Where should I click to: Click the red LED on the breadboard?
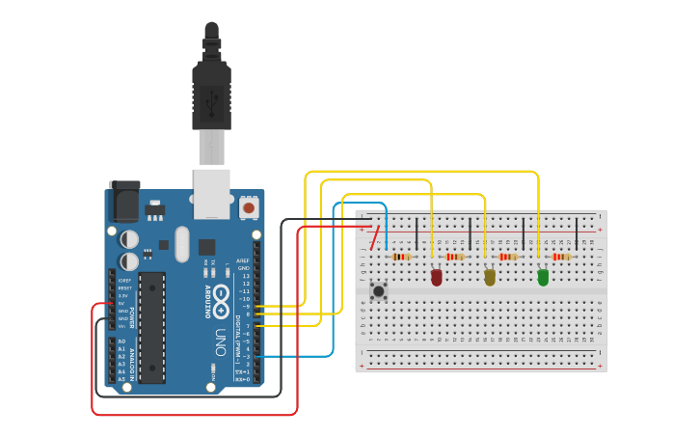pyautogui.click(x=436, y=278)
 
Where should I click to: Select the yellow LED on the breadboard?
pyautogui.click(x=490, y=278)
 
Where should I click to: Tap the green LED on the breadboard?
pyautogui.click(x=543, y=278)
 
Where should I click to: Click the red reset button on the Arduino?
pyautogui.click(x=249, y=207)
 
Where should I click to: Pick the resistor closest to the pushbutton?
pyautogui.click(x=400, y=257)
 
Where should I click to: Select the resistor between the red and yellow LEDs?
pyautogui.click(x=454, y=257)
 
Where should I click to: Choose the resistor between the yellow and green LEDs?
pyautogui.click(x=507, y=257)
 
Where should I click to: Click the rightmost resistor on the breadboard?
pyautogui.click(x=561, y=257)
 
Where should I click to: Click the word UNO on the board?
pyautogui.click(x=221, y=343)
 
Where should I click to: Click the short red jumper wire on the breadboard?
pyautogui.click(x=372, y=237)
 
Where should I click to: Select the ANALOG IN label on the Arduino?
pyautogui.click(x=131, y=362)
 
